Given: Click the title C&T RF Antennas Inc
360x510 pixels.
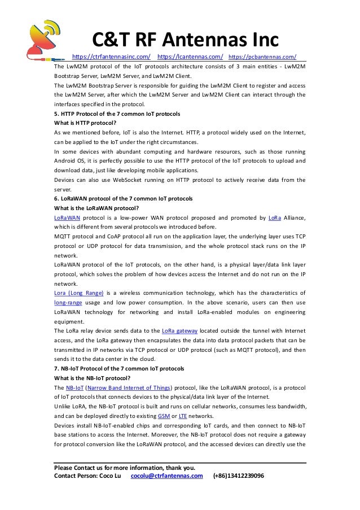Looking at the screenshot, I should pyautogui.click(x=186, y=40).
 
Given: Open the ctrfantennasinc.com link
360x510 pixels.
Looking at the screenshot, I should pyautogui.click(x=112, y=57).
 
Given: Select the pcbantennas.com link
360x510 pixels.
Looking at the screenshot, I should pyautogui.click(x=263, y=57).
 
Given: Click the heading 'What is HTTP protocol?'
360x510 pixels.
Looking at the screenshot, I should pyautogui.click(x=85, y=123).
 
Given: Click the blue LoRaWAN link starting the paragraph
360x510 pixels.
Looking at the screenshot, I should pyautogui.click(x=67, y=217).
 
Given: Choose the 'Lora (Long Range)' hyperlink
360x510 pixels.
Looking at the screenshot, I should pyautogui.click(x=78, y=293).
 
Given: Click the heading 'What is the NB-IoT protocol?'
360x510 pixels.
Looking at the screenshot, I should pyautogui.click(x=92, y=378).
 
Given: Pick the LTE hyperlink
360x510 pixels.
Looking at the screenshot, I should pyautogui.click(x=183, y=416).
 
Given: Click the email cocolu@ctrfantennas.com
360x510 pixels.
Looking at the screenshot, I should pyautogui.click(x=166, y=476).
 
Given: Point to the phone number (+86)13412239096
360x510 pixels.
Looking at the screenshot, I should pyautogui.click(x=238, y=476).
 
